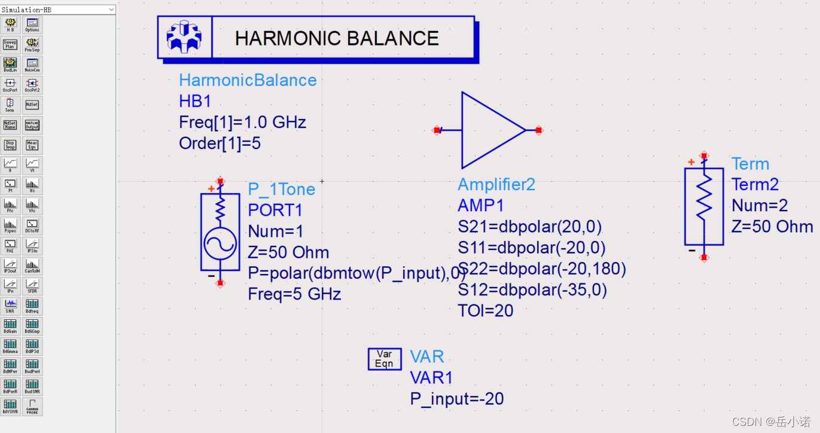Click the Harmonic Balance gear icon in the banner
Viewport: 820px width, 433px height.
pos(184,38)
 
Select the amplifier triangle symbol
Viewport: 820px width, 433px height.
pos(490,130)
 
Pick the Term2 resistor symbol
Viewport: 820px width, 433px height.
pos(704,206)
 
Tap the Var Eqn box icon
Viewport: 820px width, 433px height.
pos(385,358)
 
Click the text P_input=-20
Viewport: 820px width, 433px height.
pos(457,399)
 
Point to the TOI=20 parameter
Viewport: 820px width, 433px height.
pos(486,310)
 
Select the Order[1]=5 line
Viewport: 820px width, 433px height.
pos(220,144)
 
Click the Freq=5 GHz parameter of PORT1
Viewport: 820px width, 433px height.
pos(294,294)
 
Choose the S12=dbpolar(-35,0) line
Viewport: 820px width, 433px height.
pos(532,290)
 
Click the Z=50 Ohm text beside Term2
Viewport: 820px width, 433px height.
pos(772,227)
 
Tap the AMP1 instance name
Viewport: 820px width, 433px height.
pos(481,206)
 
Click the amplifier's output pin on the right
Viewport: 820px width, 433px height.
pos(538,130)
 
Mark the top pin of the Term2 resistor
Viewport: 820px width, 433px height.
pos(704,156)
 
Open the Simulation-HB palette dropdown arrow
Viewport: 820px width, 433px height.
pos(111,10)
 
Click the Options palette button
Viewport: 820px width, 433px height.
pos(32,25)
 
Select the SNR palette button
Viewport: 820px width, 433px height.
pos(10,306)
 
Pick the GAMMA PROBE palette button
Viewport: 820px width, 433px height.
pos(32,407)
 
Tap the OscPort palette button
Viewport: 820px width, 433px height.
pos(10,86)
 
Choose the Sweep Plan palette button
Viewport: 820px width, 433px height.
pos(10,45)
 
